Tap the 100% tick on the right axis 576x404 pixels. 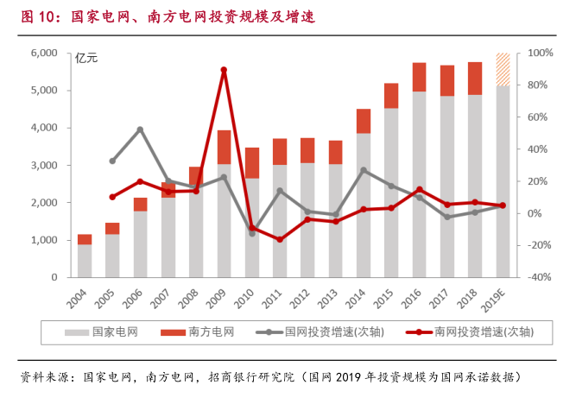(x=541, y=54)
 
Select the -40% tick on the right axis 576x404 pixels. (x=541, y=277)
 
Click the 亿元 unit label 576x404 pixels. (x=87, y=59)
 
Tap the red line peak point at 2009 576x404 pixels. (x=224, y=70)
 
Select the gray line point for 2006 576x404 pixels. (x=140, y=129)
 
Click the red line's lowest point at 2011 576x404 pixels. (x=280, y=239)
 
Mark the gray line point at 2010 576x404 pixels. (x=251, y=233)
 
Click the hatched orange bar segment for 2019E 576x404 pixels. (x=503, y=69)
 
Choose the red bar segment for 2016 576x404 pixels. (x=419, y=77)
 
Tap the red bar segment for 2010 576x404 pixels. (x=251, y=162)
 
